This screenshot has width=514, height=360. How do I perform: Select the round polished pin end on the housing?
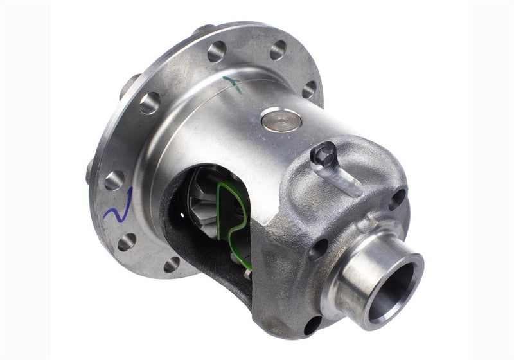pyautogui.click(x=281, y=120)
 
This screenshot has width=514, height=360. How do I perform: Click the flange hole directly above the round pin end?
pyautogui.click(x=278, y=51)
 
